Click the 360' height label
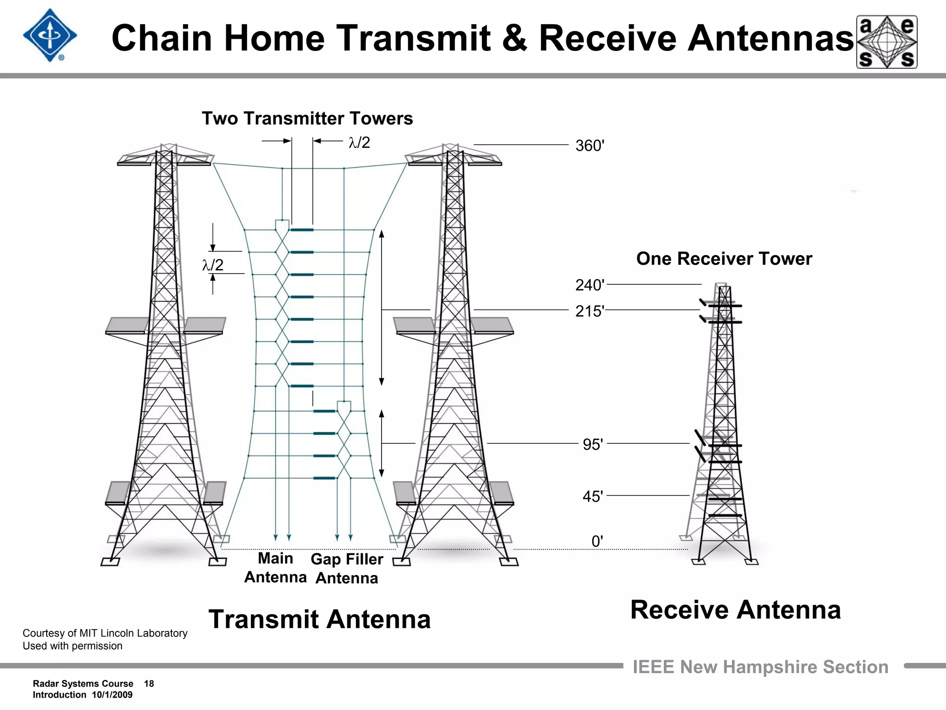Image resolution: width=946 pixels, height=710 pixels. coord(589,146)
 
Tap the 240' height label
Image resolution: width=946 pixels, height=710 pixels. coord(589,285)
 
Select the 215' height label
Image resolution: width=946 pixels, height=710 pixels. coord(589,311)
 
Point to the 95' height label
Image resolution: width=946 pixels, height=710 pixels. coord(593,445)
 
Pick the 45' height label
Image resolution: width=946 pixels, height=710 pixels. coord(593,497)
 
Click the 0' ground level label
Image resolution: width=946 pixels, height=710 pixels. coord(597,541)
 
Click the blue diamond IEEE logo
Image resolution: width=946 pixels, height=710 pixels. coord(50,36)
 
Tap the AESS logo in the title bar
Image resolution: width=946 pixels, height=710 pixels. coord(887,42)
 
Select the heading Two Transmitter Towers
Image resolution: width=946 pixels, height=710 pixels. coord(307,119)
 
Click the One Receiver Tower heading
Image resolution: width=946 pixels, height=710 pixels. coord(724,259)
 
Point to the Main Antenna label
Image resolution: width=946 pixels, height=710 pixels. coord(275,568)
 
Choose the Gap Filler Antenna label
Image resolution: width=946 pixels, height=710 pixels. coord(347,569)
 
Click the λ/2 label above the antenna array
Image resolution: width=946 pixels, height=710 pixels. coord(359,142)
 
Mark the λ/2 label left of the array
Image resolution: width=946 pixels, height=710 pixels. coord(212,265)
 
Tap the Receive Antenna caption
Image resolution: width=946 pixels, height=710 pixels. coord(735,610)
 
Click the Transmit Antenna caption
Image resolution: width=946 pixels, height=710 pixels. coord(320,619)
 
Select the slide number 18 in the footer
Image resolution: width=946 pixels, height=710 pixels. coord(149,684)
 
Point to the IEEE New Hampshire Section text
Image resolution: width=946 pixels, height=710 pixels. coord(760,667)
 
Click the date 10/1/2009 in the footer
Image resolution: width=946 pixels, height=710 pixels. coord(112,695)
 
